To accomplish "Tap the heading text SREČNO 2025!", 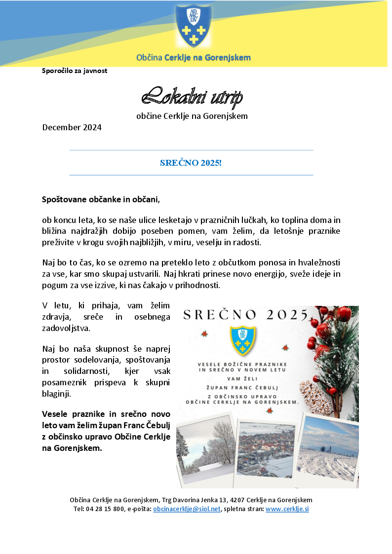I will click(x=191, y=162).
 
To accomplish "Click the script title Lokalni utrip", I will click(x=192, y=97).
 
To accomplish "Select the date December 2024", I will click(x=72, y=127).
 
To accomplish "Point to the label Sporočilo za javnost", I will click(x=75, y=71).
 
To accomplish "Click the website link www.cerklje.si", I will click(x=287, y=509).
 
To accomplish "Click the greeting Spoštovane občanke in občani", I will click(x=101, y=200).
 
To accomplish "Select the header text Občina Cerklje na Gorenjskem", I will click(x=193, y=58).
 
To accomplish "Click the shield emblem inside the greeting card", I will click(x=242, y=339).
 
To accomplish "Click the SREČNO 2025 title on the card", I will click(x=245, y=315).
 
